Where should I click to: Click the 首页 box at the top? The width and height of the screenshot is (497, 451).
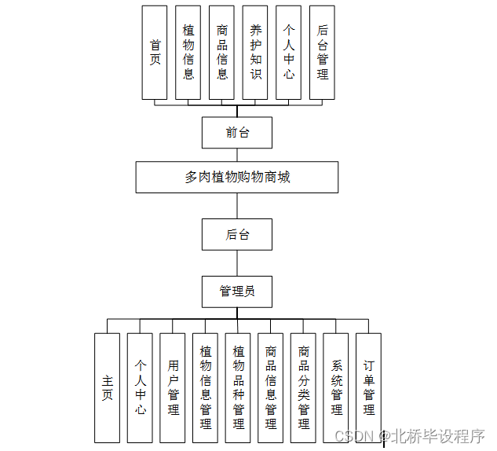[x=155, y=53]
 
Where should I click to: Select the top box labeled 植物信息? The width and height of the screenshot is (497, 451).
[x=188, y=53]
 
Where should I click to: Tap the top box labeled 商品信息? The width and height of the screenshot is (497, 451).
[x=222, y=53]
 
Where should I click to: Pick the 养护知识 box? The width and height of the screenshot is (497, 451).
[x=255, y=53]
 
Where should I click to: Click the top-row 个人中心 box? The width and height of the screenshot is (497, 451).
[x=289, y=53]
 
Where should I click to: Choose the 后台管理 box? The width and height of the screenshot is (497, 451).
[x=322, y=53]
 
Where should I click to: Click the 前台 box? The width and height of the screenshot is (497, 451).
[x=237, y=132]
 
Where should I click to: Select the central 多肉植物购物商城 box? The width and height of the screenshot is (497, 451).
[x=237, y=177]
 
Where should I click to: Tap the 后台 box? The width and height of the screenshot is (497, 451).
[x=237, y=234]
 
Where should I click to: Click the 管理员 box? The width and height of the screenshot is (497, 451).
[x=237, y=291]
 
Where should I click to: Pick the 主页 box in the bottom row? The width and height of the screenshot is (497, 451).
[x=107, y=387]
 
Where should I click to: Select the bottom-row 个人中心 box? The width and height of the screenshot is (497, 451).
[x=140, y=387]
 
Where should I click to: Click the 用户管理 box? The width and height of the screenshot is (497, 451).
[x=173, y=387]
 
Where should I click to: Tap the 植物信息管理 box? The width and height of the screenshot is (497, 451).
[x=206, y=387]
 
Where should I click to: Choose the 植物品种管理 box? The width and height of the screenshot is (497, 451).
[x=239, y=387]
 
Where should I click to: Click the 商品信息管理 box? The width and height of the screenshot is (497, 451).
[x=271, y=387]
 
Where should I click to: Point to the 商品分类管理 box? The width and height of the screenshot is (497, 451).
[x=304, y=387]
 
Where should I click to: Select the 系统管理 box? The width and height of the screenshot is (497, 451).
[x=337, y=387]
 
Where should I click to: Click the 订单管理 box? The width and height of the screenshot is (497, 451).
[x=369, y=387]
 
